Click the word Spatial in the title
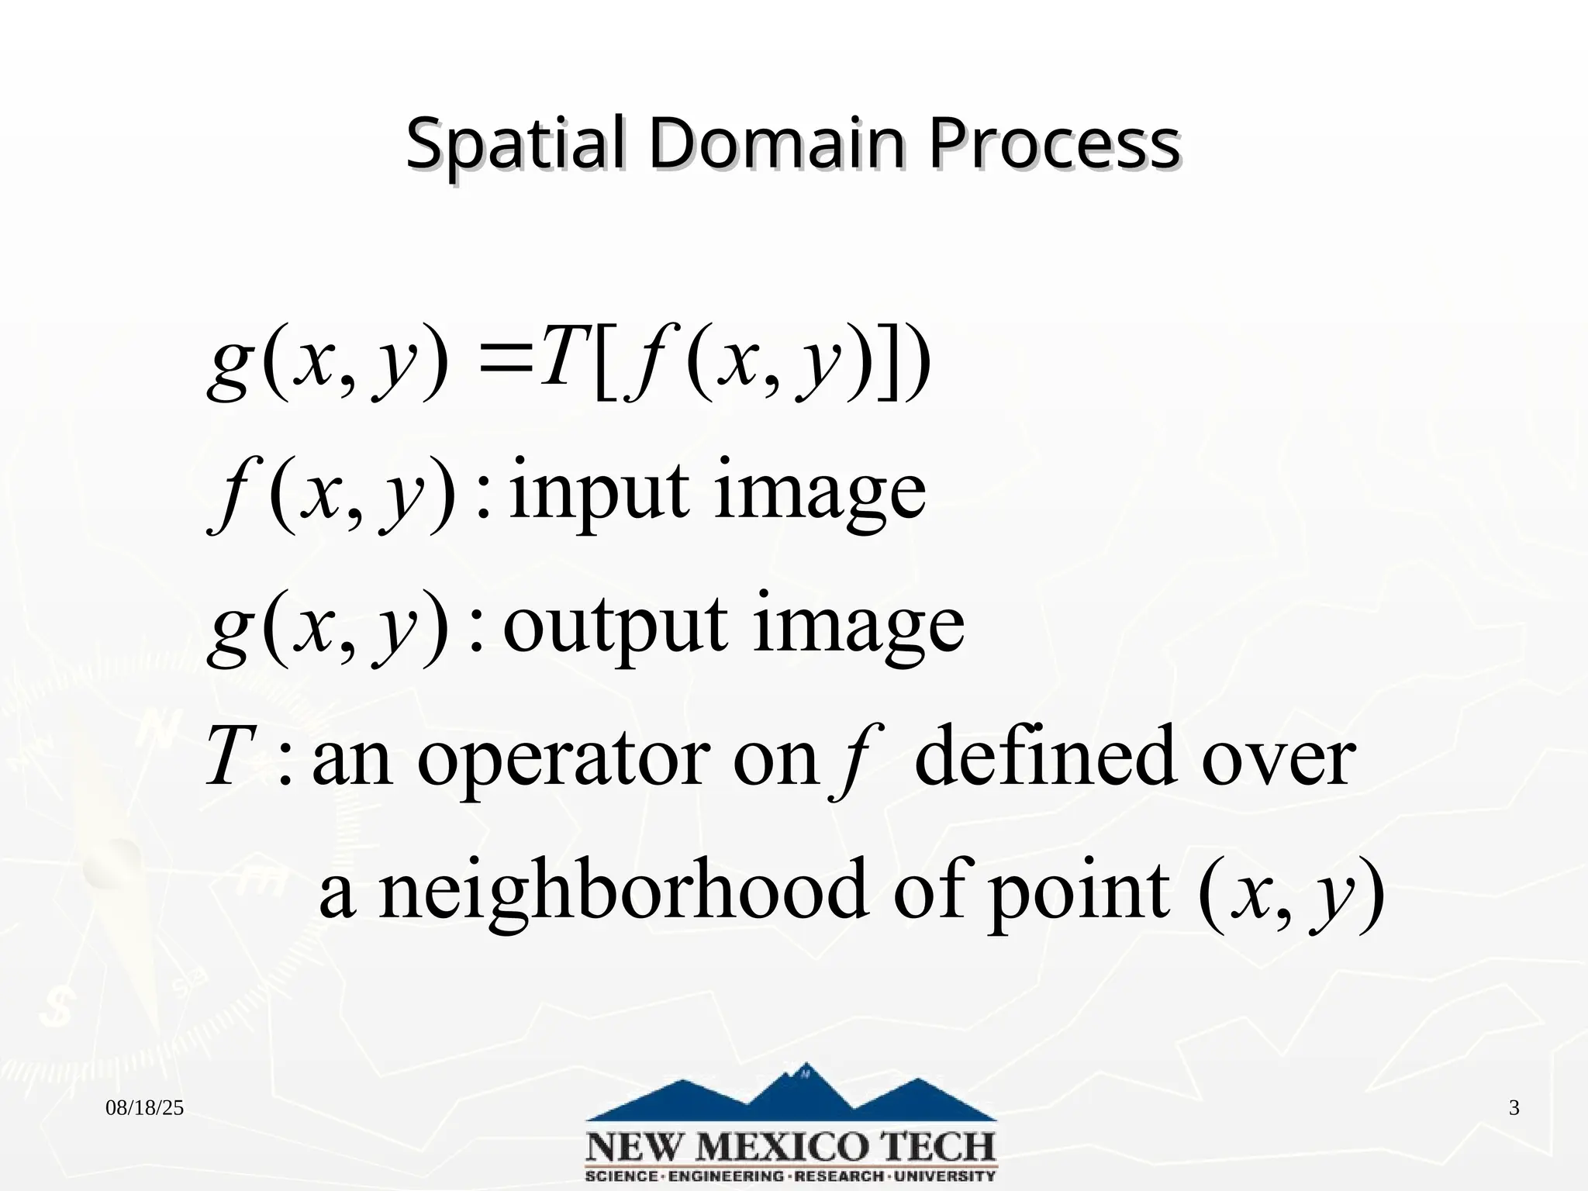pos(515,145)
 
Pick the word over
pos(1279,760)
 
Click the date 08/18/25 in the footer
pos(144,1108)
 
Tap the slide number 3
pos(1514,1108)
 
